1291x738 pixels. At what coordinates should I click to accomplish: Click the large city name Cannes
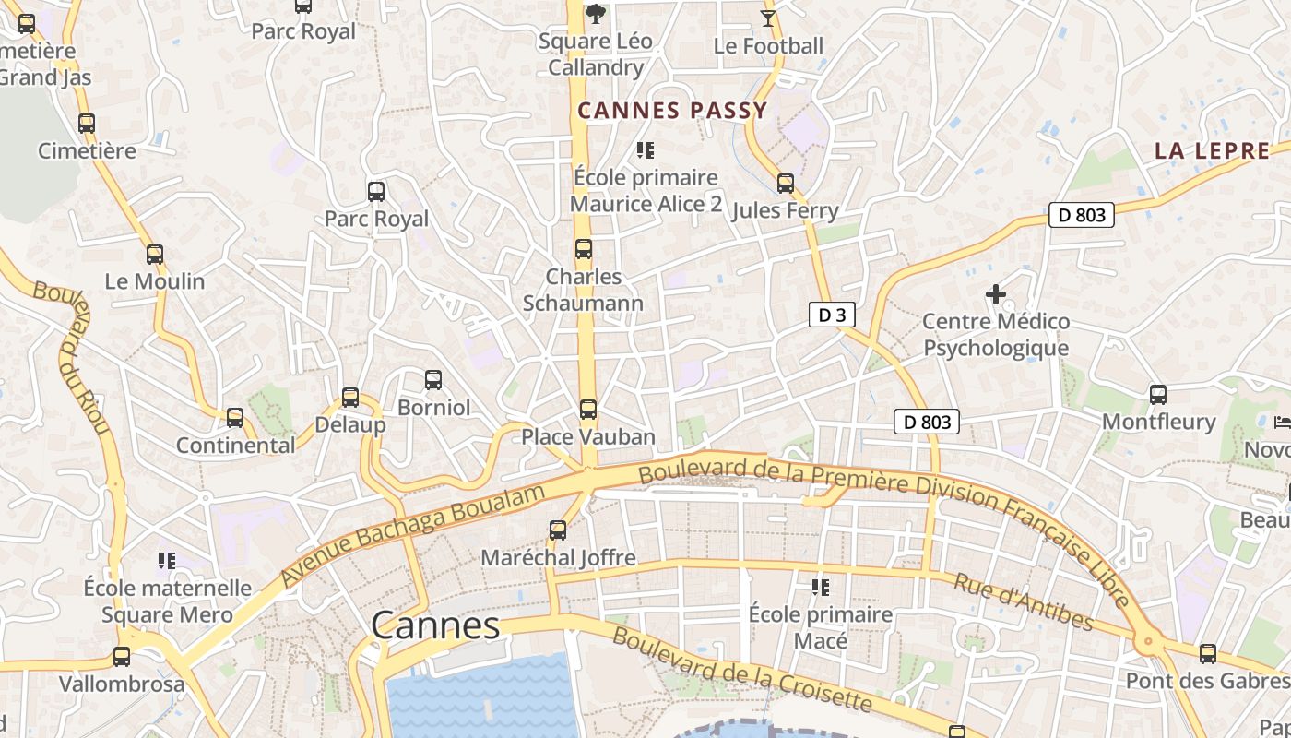(x=435, y=625)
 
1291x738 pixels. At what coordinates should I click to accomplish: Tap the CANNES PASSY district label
(x=672, y=112)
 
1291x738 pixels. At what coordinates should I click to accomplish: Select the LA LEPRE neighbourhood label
(x=1212, y=151)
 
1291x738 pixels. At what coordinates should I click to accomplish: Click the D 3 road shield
(x=832, y=315)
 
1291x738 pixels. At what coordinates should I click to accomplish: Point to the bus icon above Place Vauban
(x=588, y=409)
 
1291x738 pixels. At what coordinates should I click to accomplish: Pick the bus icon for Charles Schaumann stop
(x=584, y=249)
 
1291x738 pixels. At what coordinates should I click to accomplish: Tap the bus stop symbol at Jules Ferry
(x=786, y=184)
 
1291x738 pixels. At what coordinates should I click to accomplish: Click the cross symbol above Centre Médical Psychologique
(x=996, y=295)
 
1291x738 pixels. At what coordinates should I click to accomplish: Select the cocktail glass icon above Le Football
(x=768, y=18)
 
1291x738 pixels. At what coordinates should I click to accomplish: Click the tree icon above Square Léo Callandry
(x=596, y=14)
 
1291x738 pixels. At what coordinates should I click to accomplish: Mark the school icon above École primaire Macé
(x=820, y=587)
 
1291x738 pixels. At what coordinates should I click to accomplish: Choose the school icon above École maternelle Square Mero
(x=167, y=560)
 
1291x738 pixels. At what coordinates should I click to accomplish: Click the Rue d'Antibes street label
(x=1023, y=602)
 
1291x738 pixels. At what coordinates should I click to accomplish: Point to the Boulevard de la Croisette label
(x=741, y=670)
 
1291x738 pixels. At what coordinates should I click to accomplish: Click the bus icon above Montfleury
(x=1158, y=395)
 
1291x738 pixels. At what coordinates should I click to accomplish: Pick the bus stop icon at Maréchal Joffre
(x=558, y=530)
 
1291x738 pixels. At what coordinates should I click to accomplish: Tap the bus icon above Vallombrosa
(x=122, y=657)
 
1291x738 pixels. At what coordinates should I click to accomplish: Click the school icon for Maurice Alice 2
(x=645, y=149)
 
